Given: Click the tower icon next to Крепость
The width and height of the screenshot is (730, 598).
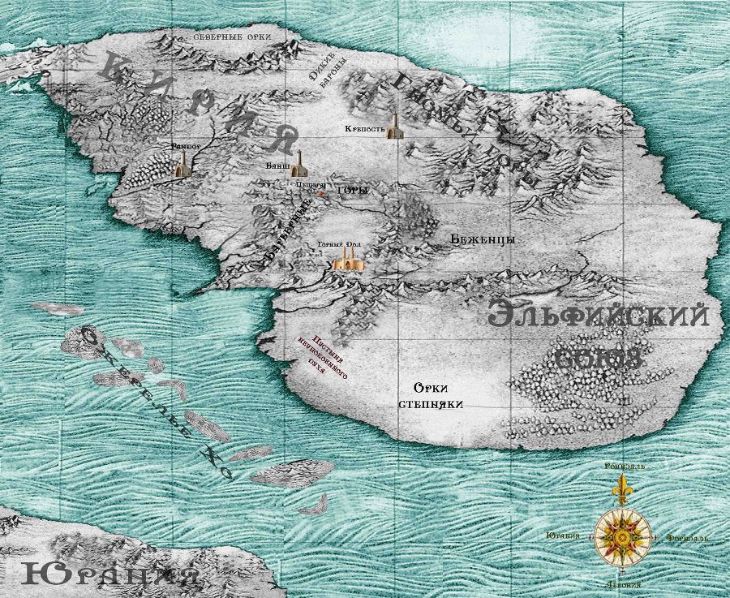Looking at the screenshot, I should pos(394,127).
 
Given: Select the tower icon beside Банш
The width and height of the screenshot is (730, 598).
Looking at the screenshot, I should pos(299,164).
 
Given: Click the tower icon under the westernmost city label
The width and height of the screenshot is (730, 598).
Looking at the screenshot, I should pos(182,166).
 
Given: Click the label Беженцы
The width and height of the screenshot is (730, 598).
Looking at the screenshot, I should pos(483,239).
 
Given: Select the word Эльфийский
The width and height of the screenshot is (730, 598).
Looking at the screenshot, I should pos(599,316).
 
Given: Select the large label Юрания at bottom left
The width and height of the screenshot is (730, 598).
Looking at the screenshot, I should pos(110,575).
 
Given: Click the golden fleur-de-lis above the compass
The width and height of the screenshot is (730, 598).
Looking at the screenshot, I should pos(622,490).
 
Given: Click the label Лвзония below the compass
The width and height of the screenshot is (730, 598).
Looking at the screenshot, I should pos(622,584).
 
